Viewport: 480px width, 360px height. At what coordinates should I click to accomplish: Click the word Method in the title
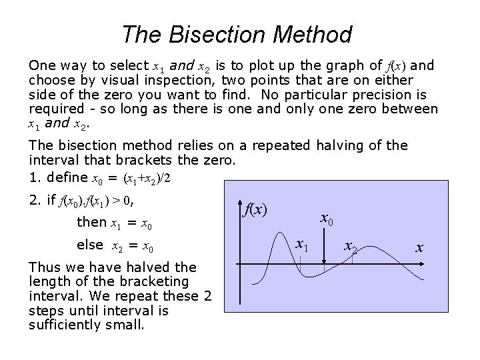(x=314, y=34)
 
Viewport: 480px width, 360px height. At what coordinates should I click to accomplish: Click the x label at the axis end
(x=419, y=247)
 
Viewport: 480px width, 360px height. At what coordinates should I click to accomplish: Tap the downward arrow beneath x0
(x=324, y=248)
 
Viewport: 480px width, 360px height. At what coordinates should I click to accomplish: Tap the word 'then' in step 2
(x=91, y=222)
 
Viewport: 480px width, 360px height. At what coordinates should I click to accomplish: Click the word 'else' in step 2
(x=90, y=245)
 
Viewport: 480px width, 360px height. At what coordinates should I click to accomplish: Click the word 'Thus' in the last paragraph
(x=42, y=267)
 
